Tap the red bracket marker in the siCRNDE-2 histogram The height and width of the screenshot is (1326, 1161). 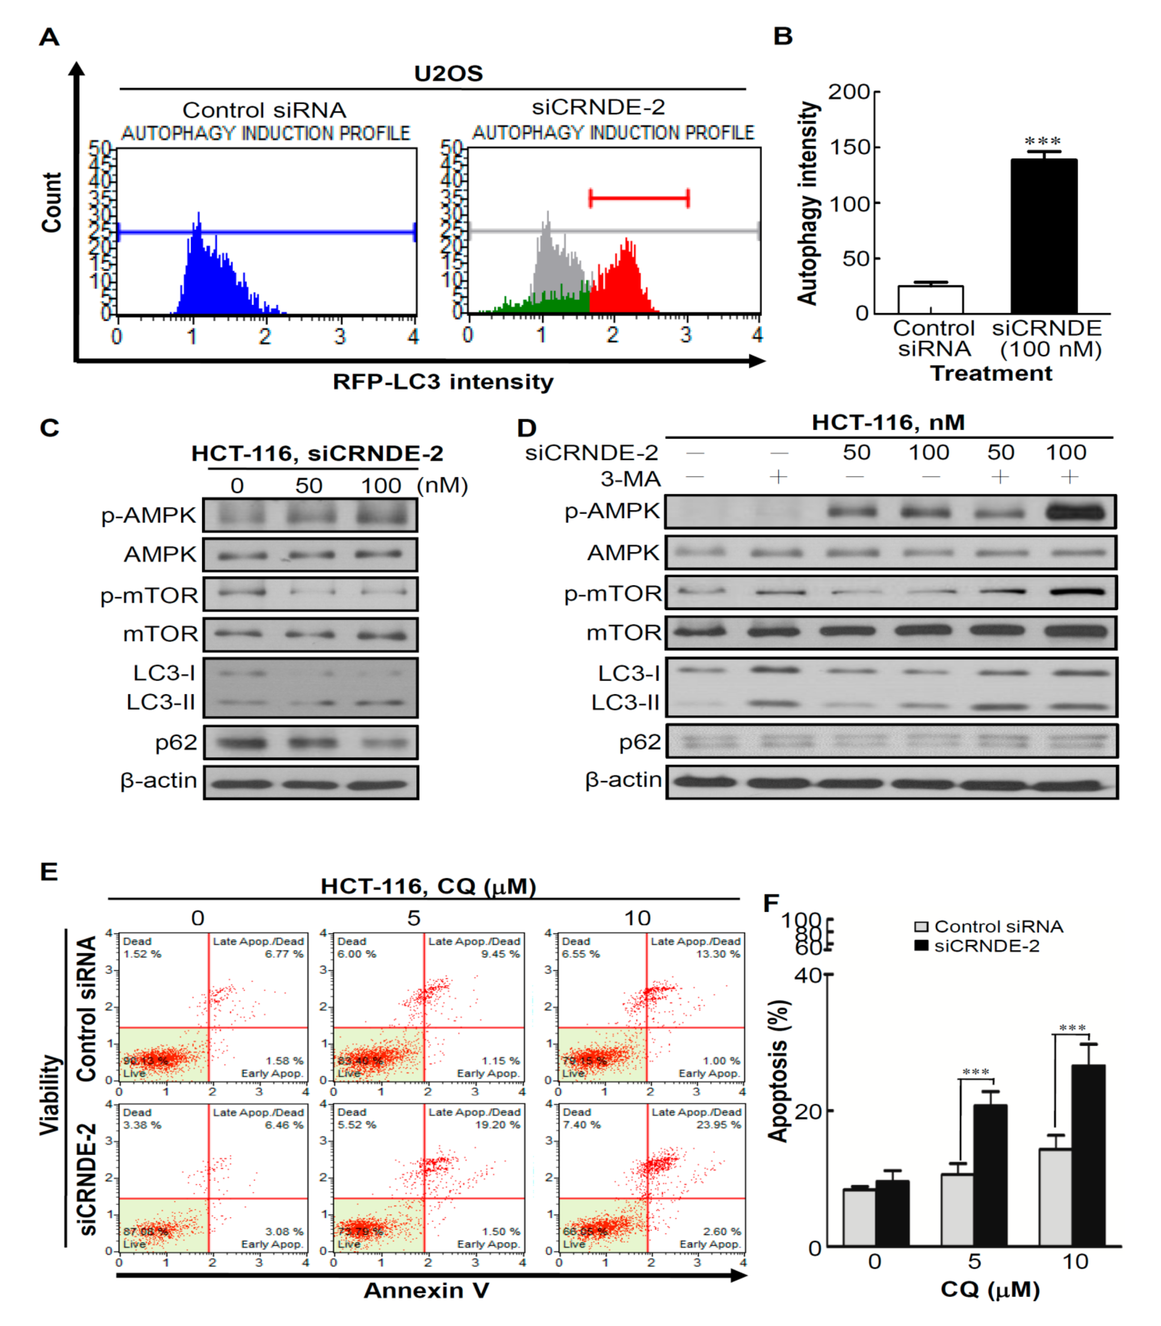639,198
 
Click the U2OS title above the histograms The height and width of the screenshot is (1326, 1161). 448,73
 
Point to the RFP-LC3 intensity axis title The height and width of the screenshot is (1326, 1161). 443,382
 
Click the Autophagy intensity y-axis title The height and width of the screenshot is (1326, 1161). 808,203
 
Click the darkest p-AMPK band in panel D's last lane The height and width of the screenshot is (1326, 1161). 1076,512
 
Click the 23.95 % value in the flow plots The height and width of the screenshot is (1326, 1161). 718,1125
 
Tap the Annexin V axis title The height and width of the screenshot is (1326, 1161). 426,1290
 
